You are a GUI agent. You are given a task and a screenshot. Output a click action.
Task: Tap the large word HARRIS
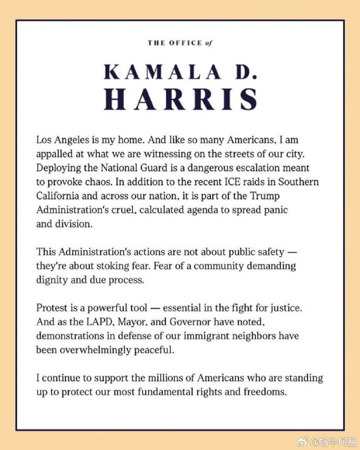point(181,99)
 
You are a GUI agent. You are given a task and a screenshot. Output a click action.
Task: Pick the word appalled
point(55,154)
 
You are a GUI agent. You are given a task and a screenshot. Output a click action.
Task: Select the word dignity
point(51,279)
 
